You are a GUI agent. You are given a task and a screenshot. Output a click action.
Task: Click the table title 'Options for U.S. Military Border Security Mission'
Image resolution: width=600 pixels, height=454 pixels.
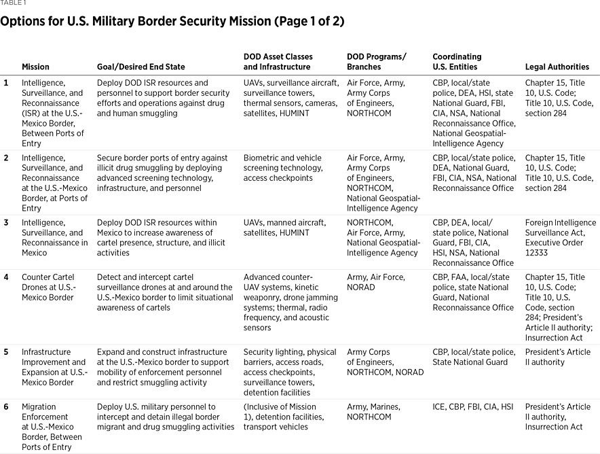(172, 21)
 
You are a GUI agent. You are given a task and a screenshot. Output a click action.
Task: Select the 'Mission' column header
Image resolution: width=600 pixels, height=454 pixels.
(35, 67)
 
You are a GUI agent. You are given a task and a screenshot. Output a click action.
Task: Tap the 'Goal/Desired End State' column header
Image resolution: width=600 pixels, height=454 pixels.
(141, 67)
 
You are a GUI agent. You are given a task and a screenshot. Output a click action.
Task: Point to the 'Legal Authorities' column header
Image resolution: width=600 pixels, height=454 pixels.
(557, 67)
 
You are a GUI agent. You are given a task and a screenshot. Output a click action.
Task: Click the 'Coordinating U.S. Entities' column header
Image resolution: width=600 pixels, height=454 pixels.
(457, 62)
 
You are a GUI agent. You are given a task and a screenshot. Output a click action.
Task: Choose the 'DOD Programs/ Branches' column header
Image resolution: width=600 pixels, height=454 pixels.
(377, 62)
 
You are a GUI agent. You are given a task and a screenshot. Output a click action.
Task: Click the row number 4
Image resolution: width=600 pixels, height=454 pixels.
(6, 277)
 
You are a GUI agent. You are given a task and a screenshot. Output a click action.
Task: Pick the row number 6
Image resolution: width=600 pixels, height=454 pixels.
(6, 407)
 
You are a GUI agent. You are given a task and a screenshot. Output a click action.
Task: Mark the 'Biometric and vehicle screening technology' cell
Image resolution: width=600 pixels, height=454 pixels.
(283, 168)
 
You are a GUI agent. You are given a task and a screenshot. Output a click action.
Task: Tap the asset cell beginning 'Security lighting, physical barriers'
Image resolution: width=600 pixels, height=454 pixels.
(290, 372)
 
